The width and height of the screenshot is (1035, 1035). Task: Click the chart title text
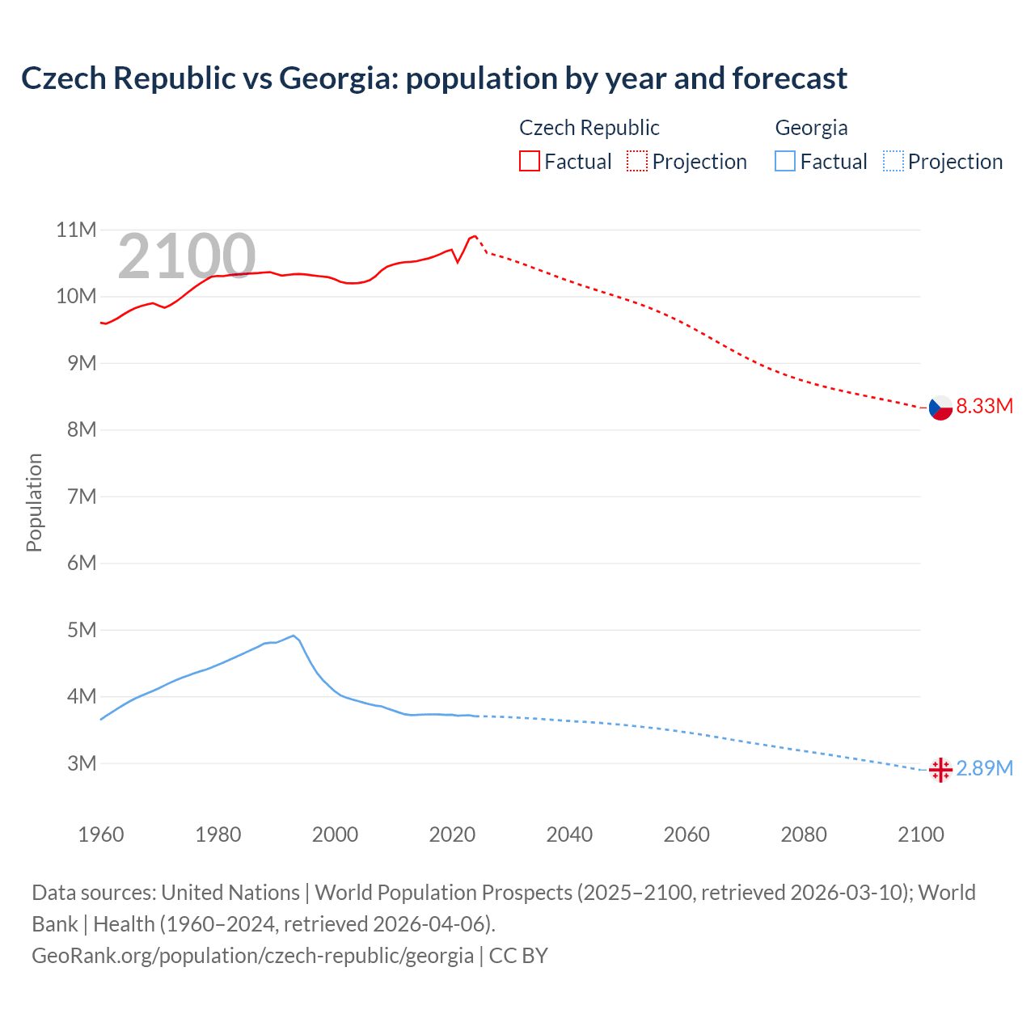(x=434, y=78)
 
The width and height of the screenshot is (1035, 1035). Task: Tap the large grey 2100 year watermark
(x=187, y=256)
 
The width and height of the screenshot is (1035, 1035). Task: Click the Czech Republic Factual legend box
(x=529, y=162)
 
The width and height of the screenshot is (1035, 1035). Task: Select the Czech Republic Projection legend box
(x=637, y=162)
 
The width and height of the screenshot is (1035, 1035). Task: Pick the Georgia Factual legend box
(x=784, y=162)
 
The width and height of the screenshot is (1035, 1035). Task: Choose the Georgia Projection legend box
(x=893, y=162)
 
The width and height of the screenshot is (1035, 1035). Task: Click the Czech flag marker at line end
(x=940, y=408)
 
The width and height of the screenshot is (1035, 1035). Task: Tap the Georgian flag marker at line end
(x=940, y=770)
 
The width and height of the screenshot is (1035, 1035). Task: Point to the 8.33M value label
(x=984, y=406)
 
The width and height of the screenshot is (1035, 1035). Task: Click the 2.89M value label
(x=984, y=768)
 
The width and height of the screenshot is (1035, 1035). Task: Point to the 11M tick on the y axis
(x=76, y=230)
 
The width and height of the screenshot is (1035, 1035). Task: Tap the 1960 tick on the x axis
(x=101, y=834)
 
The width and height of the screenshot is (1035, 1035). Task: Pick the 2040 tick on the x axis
(x=569, y=834)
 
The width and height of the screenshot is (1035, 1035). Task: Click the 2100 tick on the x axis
(x=920, y=834)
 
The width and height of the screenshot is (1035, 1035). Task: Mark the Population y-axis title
(x=34, y=502)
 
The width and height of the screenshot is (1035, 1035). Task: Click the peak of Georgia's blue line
(x=294, y=636)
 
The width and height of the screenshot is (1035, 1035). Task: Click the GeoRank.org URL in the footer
(x=252, y=956)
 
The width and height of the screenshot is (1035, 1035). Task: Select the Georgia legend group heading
(x=811, y=128)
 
